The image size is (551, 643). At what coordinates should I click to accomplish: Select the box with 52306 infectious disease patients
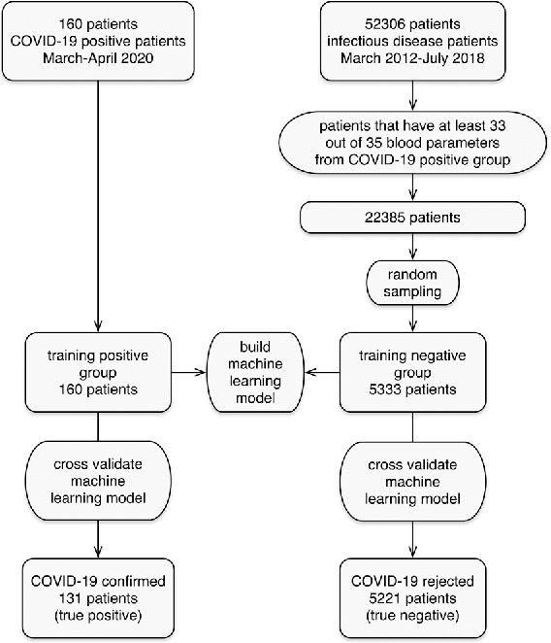pos(414,42)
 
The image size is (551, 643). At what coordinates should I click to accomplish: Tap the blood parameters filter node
pos(414,145)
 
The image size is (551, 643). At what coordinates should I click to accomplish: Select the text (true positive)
pos(99,616)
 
